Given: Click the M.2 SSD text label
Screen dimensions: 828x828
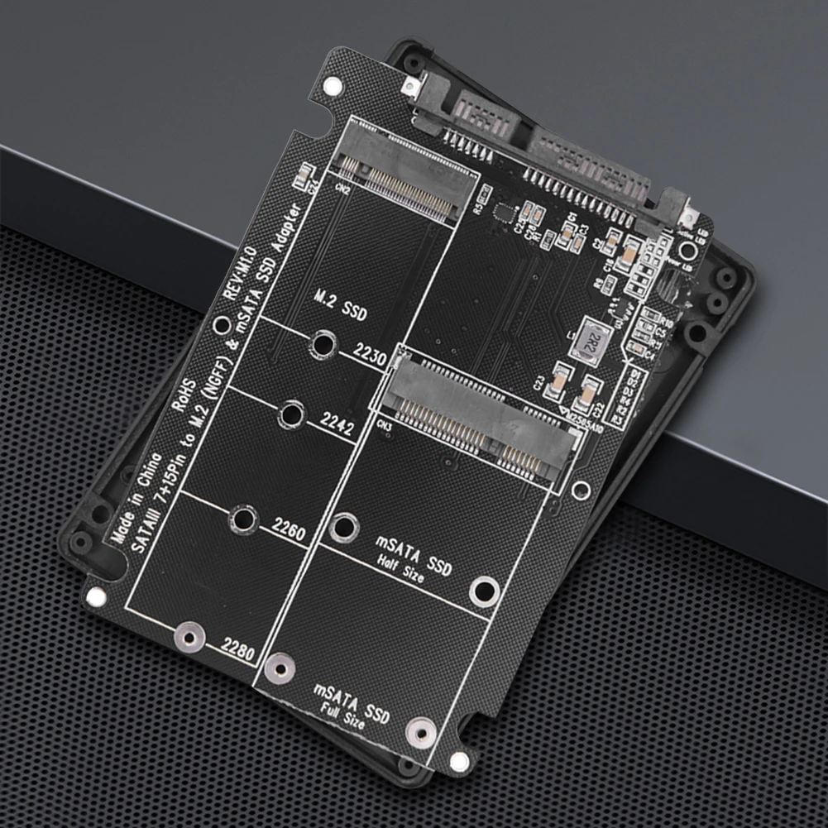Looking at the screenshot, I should pos(341,305).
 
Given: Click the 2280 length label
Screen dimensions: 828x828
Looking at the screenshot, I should pos(237,648).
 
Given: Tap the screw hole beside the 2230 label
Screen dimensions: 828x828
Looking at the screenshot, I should pos(323,343).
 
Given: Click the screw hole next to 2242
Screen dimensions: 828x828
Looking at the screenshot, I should pos(291,414).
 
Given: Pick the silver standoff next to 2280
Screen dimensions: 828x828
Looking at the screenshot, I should pos(189,637).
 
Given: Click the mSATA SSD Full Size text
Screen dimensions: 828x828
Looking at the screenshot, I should pos(351,704).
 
